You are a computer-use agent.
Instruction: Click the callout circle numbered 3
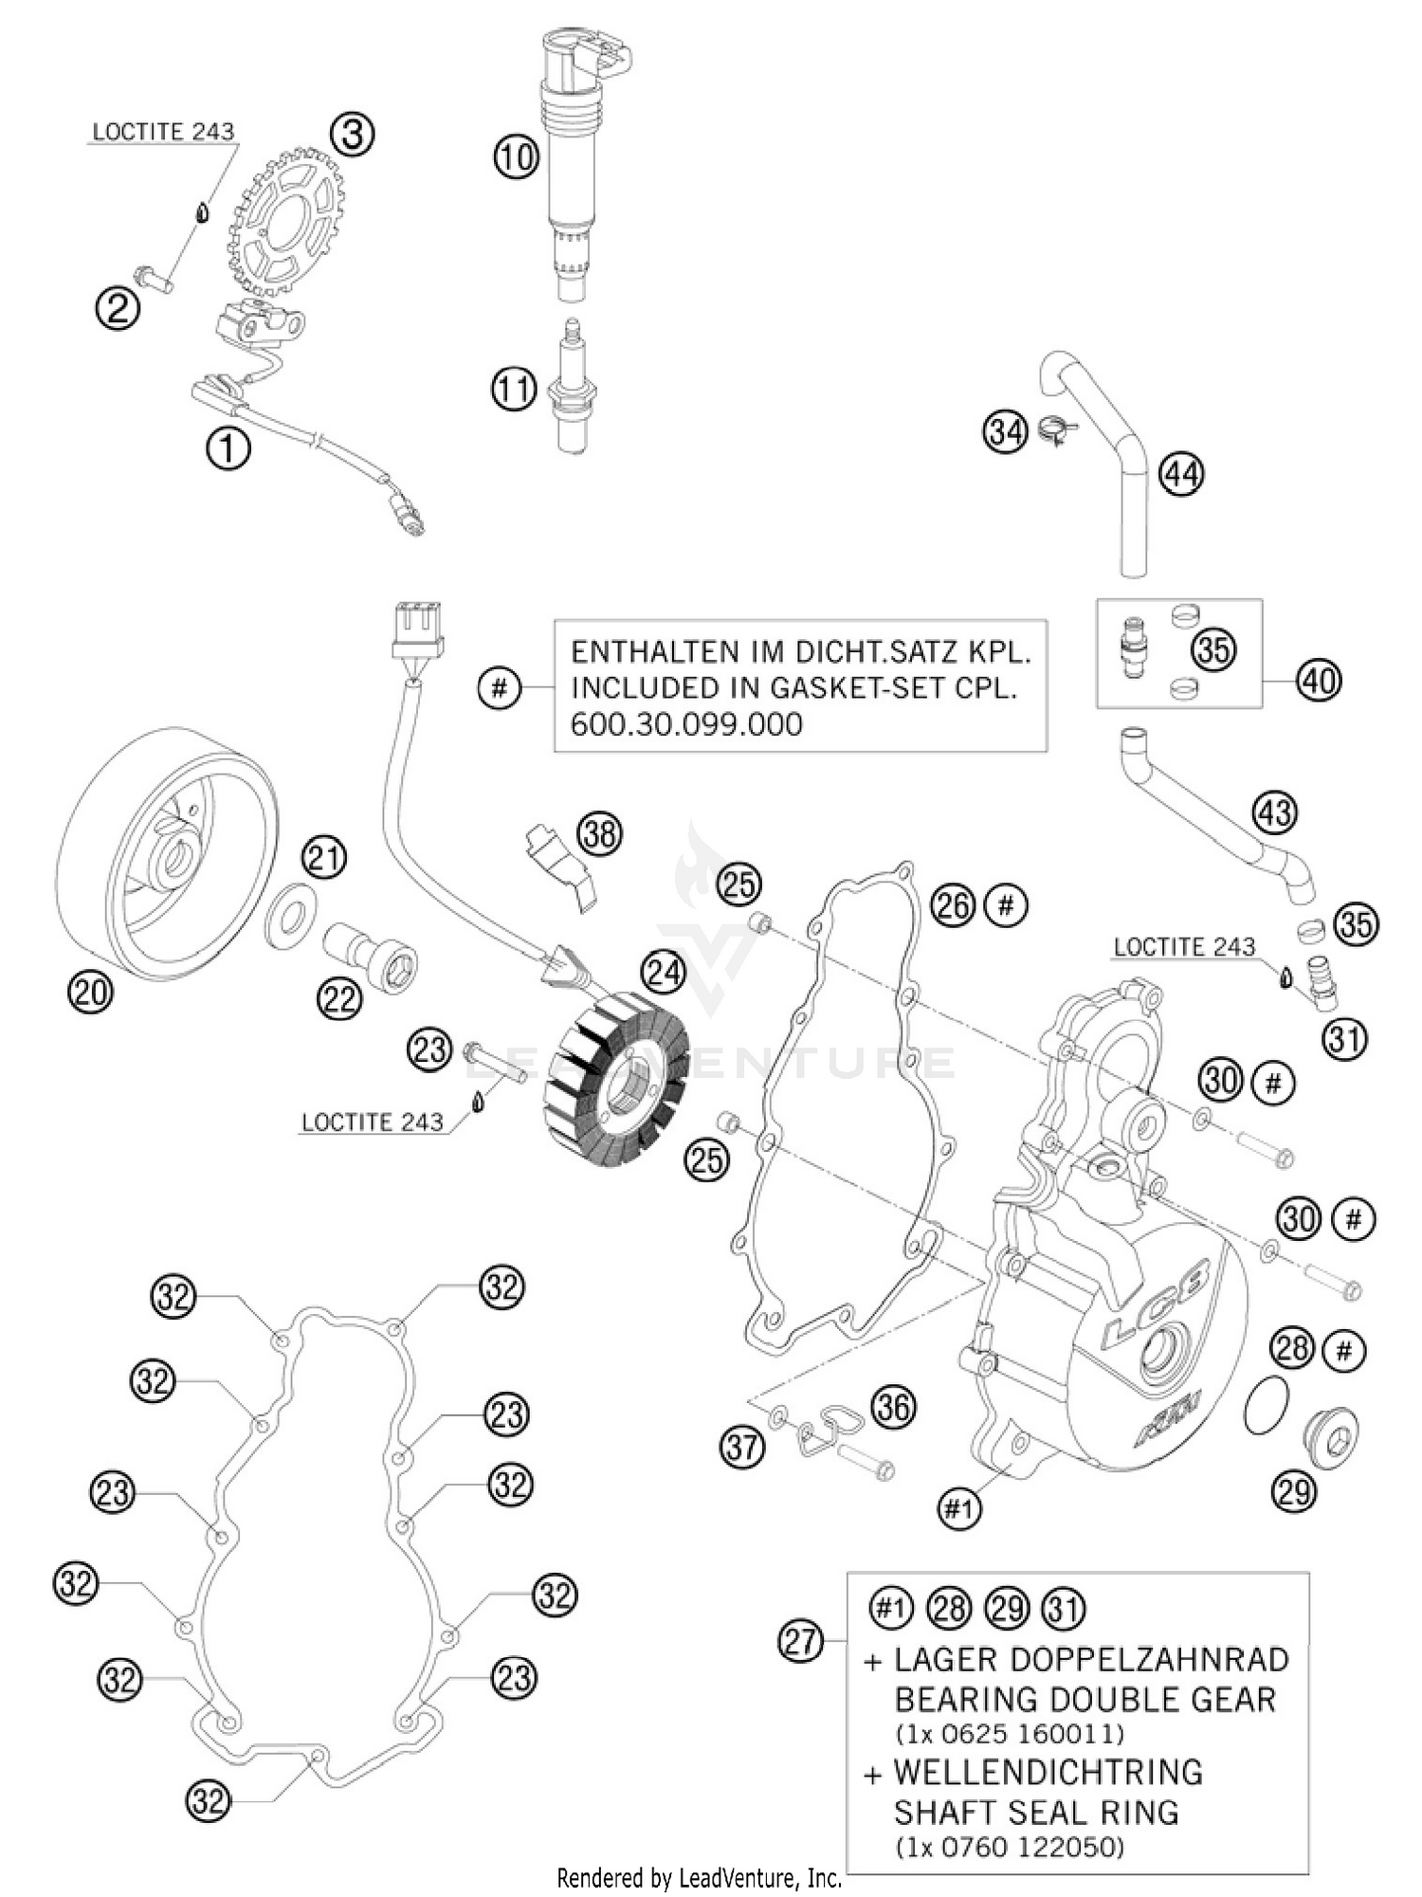352,134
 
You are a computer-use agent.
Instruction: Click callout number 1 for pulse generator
228,447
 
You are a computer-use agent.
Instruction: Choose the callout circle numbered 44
1181,472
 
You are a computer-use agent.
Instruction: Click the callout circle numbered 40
1319,680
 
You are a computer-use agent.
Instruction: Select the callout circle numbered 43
1275,812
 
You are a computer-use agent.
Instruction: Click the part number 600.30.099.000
686,725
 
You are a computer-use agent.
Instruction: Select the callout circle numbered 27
801,1640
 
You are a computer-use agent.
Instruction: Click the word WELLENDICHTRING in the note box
1048,1772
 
